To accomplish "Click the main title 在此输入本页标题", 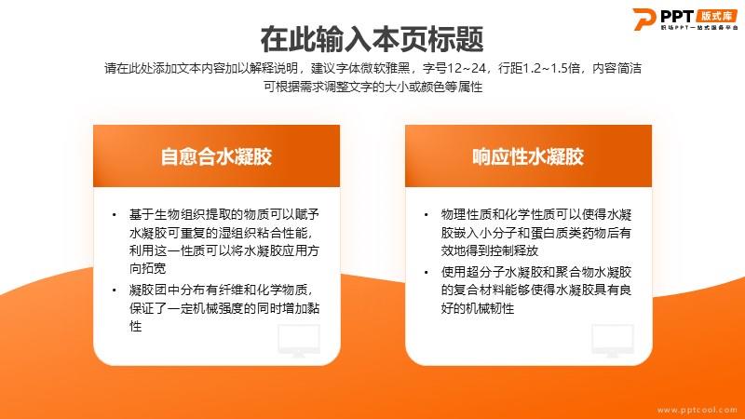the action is coord(372,39).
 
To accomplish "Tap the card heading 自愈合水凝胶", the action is coord(216,156).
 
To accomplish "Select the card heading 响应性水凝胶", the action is coord(528,156).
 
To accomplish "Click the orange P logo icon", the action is coord(643,19).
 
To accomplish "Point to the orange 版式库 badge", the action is coord(717,16).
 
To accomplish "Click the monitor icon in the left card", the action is coord(299,340).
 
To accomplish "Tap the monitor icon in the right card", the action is coord(613,340).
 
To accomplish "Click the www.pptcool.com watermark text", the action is coord(697,410).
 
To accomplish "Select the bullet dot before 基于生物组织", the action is coord(114,215).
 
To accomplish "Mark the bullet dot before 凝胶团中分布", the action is coord(114,290).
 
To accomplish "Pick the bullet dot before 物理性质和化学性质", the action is coord(427,215).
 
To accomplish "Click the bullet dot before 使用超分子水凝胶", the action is coord(427,273).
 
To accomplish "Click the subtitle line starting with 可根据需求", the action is coord(373,87).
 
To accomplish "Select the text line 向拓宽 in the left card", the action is coord(148,268).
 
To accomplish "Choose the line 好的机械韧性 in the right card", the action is coord(478,309).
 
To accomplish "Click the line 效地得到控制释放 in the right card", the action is coord(490,250).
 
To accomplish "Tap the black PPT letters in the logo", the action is coord(677,16).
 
